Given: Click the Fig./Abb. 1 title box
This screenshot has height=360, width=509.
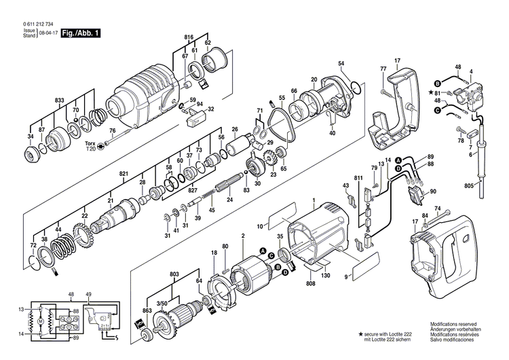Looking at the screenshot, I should pyautogui.click(x=80, y=33).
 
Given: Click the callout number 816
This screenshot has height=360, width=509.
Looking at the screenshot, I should pyautogui.click(x=189, y=36).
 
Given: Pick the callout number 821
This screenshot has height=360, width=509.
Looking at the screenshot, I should pyautogui.click(x=124, y=175).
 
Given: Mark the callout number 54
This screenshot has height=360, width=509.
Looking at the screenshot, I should pyautogui.click(x=341, y=64).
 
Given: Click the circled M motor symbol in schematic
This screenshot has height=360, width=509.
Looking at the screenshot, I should pyautogui.click(x=40, y=319).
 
